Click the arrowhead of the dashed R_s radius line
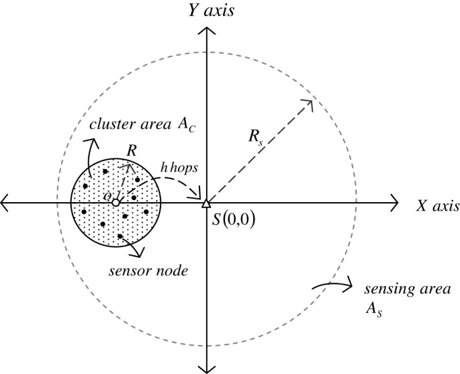pos(310,102)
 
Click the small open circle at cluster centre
pos(116,202)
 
